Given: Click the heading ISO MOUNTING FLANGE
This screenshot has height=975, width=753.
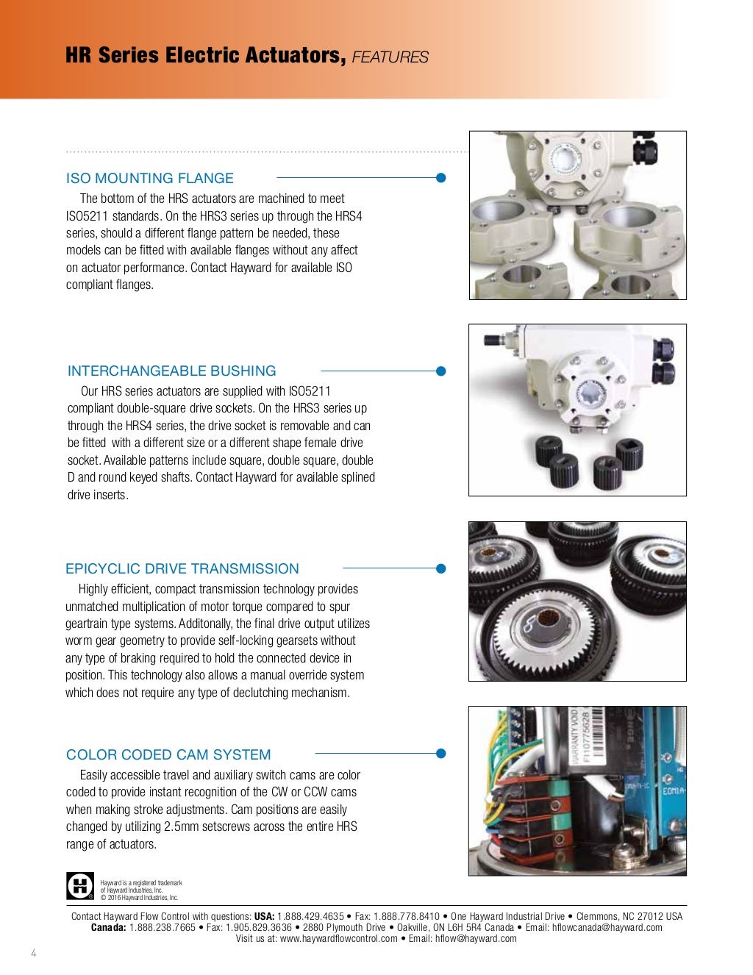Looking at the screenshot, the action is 149,178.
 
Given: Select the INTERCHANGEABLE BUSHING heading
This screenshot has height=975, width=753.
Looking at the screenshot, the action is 171,371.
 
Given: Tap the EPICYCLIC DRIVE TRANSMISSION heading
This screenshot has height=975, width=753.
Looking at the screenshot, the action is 182,568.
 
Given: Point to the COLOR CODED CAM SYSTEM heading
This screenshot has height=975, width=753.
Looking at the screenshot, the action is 168,754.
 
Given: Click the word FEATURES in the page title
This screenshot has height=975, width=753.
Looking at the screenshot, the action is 390,57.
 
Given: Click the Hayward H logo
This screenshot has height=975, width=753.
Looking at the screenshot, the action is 80,886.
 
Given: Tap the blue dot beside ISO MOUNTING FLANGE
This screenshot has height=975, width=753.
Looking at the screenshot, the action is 441,178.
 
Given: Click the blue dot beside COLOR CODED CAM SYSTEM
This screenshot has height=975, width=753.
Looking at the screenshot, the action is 441,754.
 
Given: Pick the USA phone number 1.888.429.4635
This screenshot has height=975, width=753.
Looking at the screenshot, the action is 310,916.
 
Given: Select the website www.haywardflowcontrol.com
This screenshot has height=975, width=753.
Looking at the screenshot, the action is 339,939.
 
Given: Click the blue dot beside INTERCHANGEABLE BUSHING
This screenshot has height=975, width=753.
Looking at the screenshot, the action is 441,371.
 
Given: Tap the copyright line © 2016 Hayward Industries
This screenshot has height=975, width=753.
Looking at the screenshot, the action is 139,897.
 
